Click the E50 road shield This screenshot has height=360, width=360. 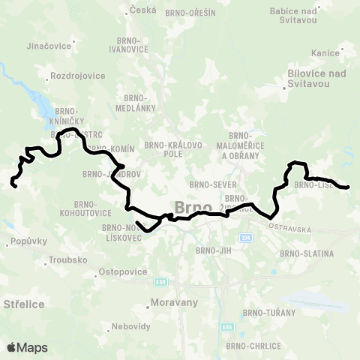point(159,282)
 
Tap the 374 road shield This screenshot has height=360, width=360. point(247,238)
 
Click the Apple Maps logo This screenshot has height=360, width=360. point(27,347)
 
